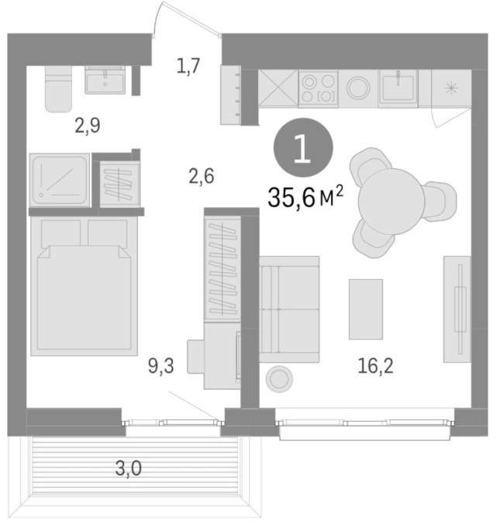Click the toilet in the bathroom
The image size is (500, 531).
[58, 88]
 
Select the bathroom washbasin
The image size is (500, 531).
[105, 80]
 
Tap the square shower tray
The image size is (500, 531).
[60, 180]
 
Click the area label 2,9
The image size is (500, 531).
[88, 126]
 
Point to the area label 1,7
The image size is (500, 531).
[188, 66]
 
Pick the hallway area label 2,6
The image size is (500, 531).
[202, 177]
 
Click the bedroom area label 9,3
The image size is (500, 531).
[161, 366]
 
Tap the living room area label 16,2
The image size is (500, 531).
[375, 366]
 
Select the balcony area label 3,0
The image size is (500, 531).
[128, 469]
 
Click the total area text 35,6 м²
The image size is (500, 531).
[305, 198]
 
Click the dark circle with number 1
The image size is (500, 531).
[303, 147]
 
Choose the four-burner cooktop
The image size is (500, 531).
[319, 89]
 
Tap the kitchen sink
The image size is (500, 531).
[398, 88]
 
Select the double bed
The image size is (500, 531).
[84, 286]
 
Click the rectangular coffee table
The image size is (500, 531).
[366, 309]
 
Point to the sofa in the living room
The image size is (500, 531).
[289, 309]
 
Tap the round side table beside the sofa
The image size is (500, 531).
[280, 379]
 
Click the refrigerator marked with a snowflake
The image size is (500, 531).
[451, 88]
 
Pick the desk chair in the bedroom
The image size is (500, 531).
[195, 357]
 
